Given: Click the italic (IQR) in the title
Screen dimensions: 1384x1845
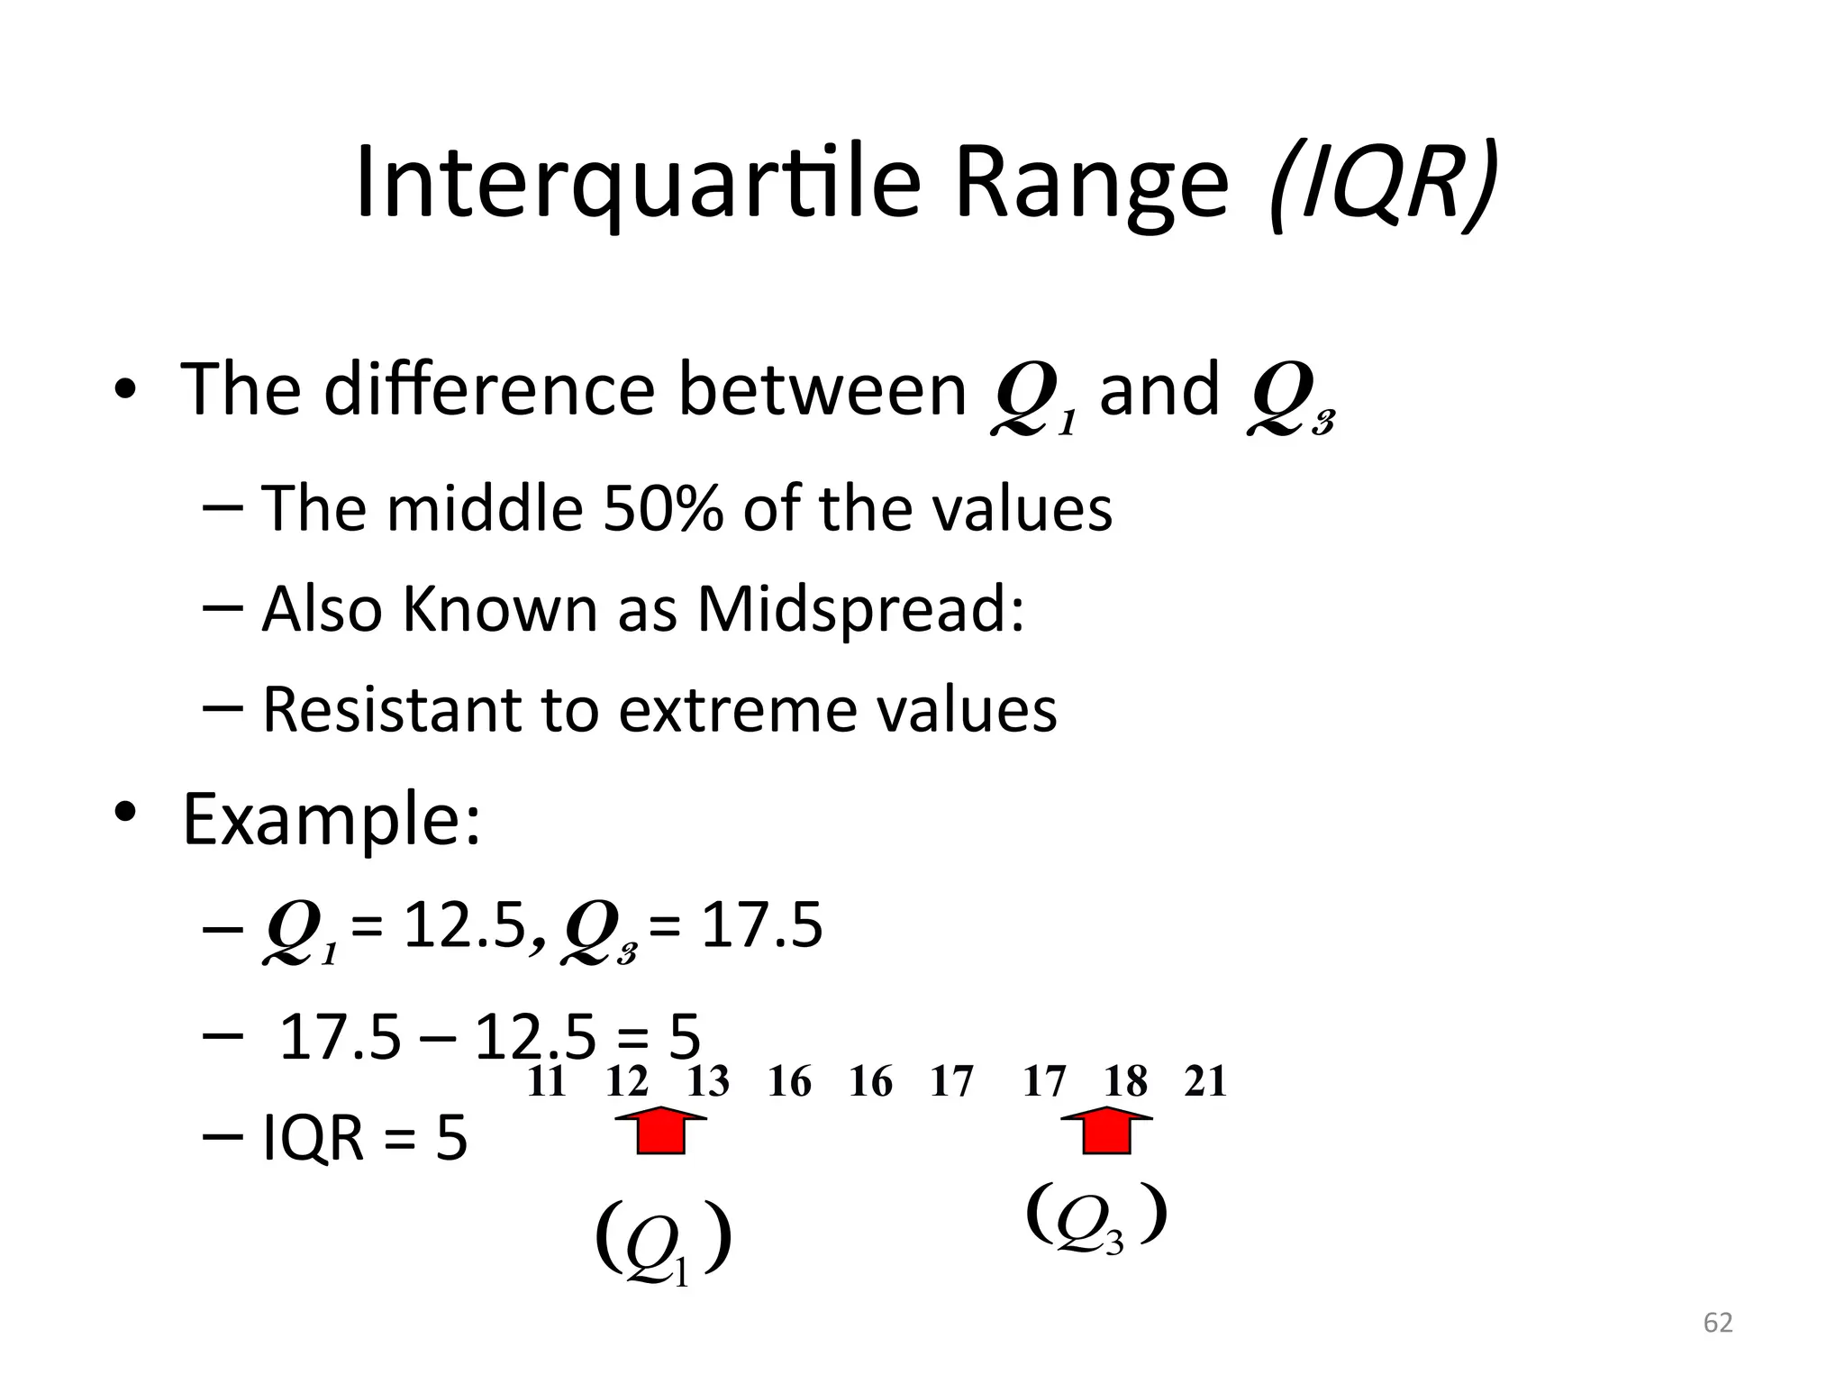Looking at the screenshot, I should coord(1383,185).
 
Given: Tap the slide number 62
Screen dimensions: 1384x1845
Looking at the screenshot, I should coord(1718,1323).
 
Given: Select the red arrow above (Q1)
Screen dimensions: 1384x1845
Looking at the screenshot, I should coord(660,1131).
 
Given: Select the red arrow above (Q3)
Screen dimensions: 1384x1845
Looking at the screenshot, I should coord(1105,1131).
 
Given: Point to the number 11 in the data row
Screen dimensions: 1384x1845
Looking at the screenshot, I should coord(546,1081).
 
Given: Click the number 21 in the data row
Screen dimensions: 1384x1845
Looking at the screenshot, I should coord(1205,1081).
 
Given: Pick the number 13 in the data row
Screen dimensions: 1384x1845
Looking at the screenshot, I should coord(708,1081).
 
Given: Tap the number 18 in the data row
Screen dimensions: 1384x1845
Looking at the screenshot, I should coord(1126,1081).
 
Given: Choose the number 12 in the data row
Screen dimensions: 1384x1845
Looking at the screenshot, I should coord(627,1081).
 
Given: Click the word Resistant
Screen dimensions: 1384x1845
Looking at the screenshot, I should coord(390,709).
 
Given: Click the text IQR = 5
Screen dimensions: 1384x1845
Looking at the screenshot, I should coord(365,1138).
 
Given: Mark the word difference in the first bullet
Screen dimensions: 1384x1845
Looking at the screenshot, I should coord(489,389).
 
